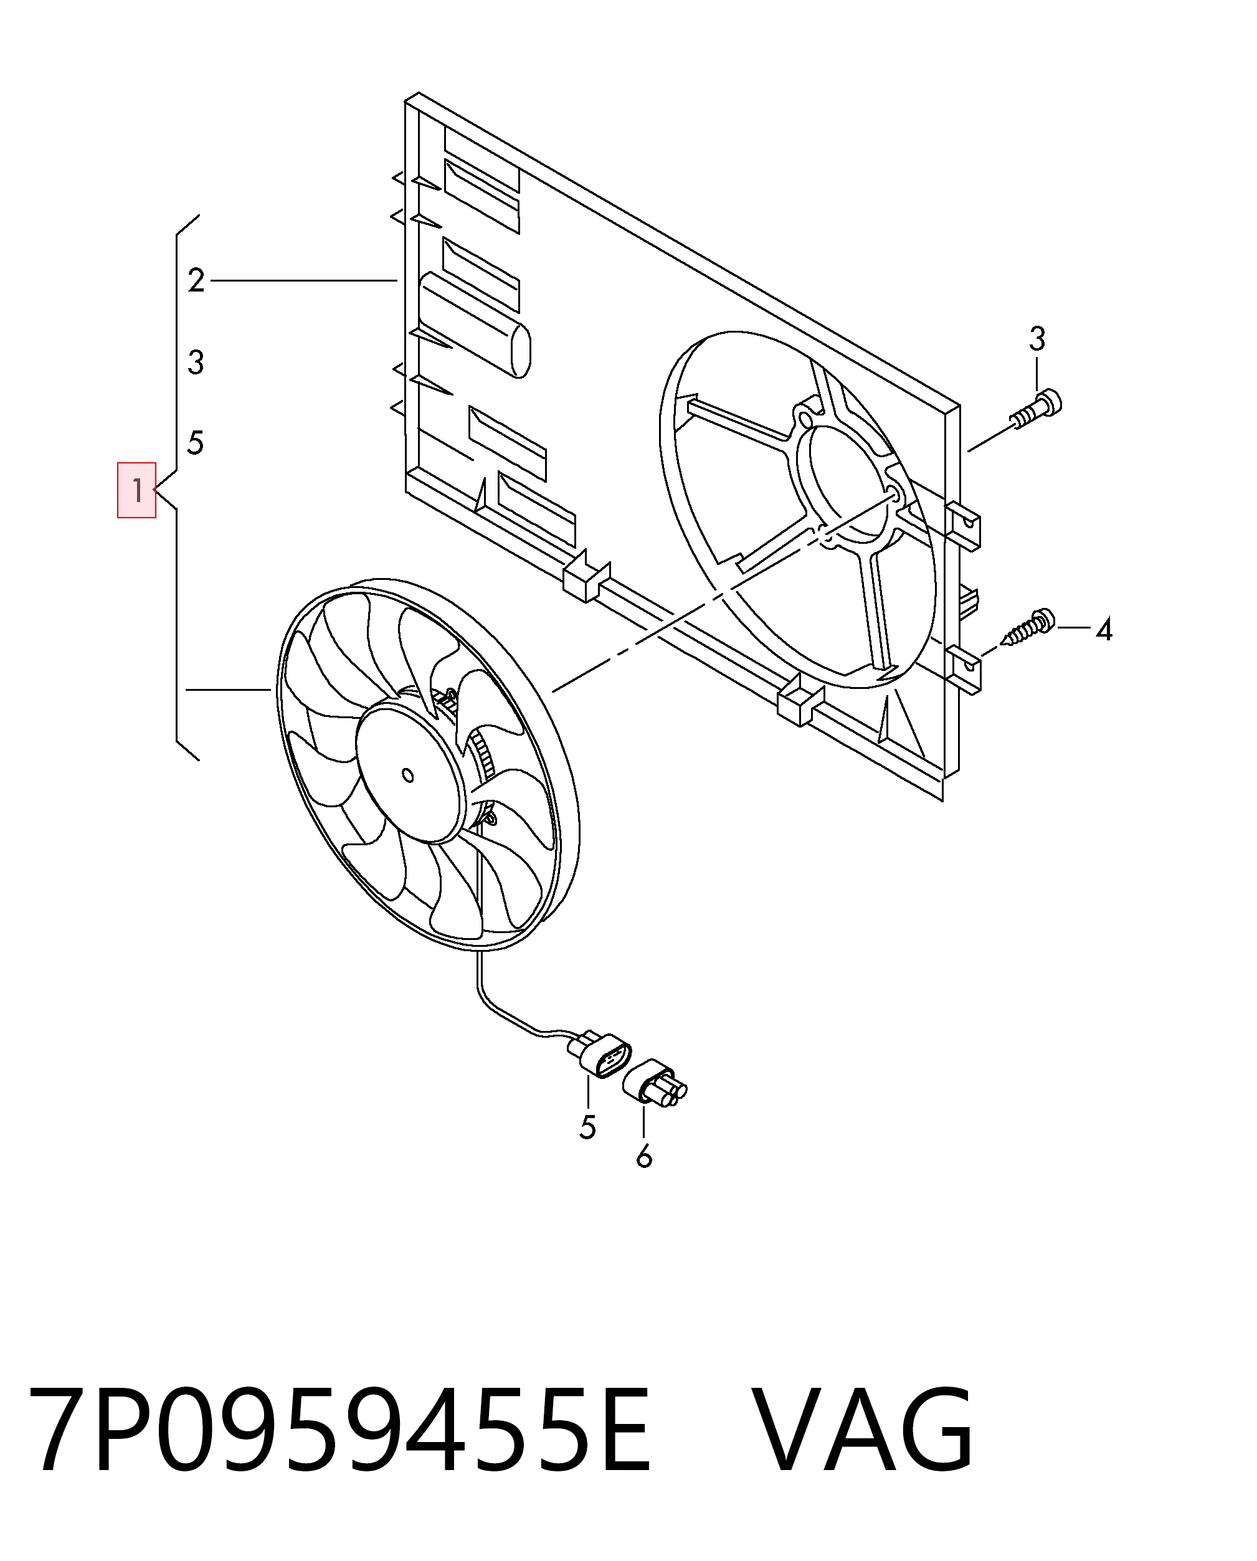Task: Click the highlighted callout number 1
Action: pyautogui.click(x=137, y=491)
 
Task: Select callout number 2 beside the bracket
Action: pyautogui.click(x=196, y=280)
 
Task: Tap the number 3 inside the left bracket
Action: pyautogui.click(x=196, y=362)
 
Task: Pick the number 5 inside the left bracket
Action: pyautogui.click(x=196, y=442)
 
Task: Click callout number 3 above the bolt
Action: pyautogui.click(x=1037, y=339)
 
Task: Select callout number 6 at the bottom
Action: pyautogui.click(x=643, y=1177)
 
